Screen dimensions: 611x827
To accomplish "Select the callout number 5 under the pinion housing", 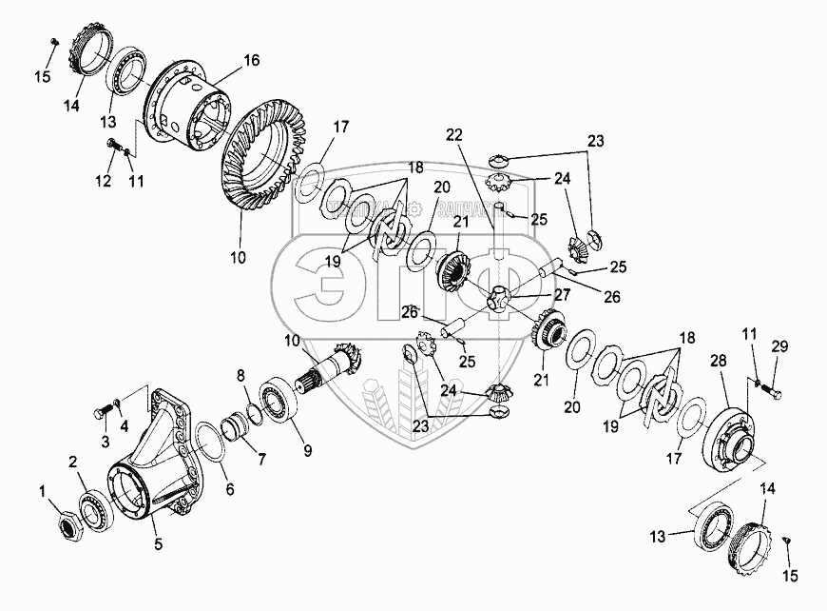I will click(x=159, y=545).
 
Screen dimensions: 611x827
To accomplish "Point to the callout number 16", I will click(x=252, y=60).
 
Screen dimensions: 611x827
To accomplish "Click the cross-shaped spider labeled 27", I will click(x=501, y=302).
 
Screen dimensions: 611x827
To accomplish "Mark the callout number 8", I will click(x=241, y=375).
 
